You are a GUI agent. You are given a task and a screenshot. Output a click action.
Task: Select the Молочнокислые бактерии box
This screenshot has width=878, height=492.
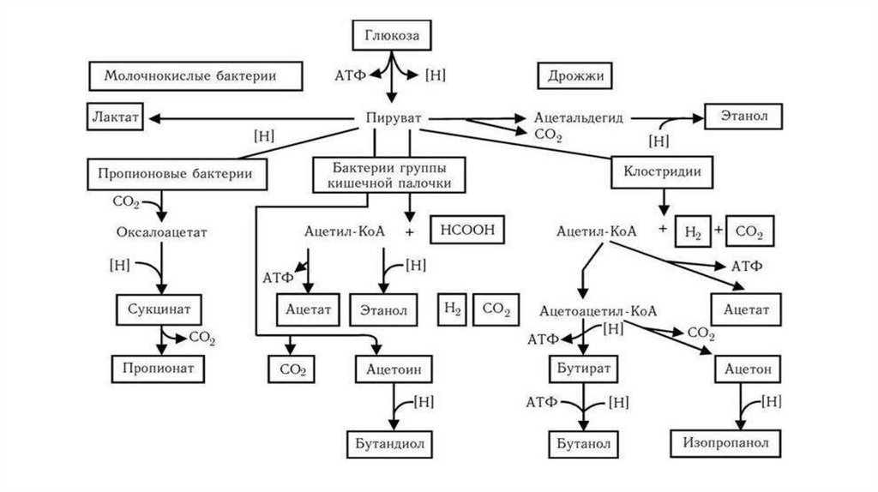click(x=196, y=76)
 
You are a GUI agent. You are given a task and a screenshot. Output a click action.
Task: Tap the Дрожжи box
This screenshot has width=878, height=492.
click(x=575, y=76)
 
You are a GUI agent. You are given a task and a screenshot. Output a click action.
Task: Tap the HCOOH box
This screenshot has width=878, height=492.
click(x=467, y=231)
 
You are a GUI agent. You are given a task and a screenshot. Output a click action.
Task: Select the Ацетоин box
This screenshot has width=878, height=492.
click(x=393, y=369)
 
